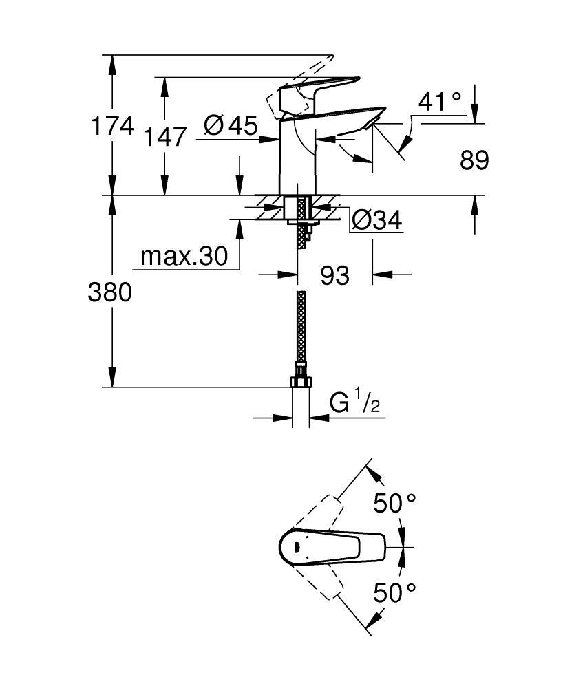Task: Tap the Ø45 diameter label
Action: (231, 125)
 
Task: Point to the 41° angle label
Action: (440, 103)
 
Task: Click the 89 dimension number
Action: (474, 160)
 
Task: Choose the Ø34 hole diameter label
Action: (376, 221)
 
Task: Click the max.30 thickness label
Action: (183, 257)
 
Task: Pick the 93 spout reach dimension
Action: (335, 275)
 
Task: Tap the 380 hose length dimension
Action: (109, 292)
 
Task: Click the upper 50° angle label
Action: (396, 504)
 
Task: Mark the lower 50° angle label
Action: (395, 592)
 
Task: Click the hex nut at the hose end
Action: (300, 382)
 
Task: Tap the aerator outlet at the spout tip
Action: (372, 123)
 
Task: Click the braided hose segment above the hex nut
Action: (300, 330)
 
